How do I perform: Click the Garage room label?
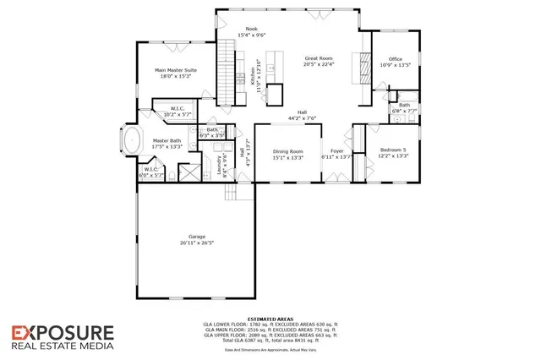pyautogui.click(x=191, y=237)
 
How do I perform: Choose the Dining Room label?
pyautogui.click(x=287, y=151)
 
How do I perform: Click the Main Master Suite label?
pyautogui.click(x=176, y=70)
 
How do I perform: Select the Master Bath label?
pyautogui.click(x=167, y=141)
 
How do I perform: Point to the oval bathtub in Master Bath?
pyautogui.click(x=132, y=141)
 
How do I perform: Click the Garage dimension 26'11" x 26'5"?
pyautogui.click(x=191, y=243)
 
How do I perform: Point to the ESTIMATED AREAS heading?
pyautogui.click(x=270, y=318)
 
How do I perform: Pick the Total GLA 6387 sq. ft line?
pyautogui.click(x=270, y=339)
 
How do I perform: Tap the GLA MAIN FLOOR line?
pyautogui.click(x=270, y=329)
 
